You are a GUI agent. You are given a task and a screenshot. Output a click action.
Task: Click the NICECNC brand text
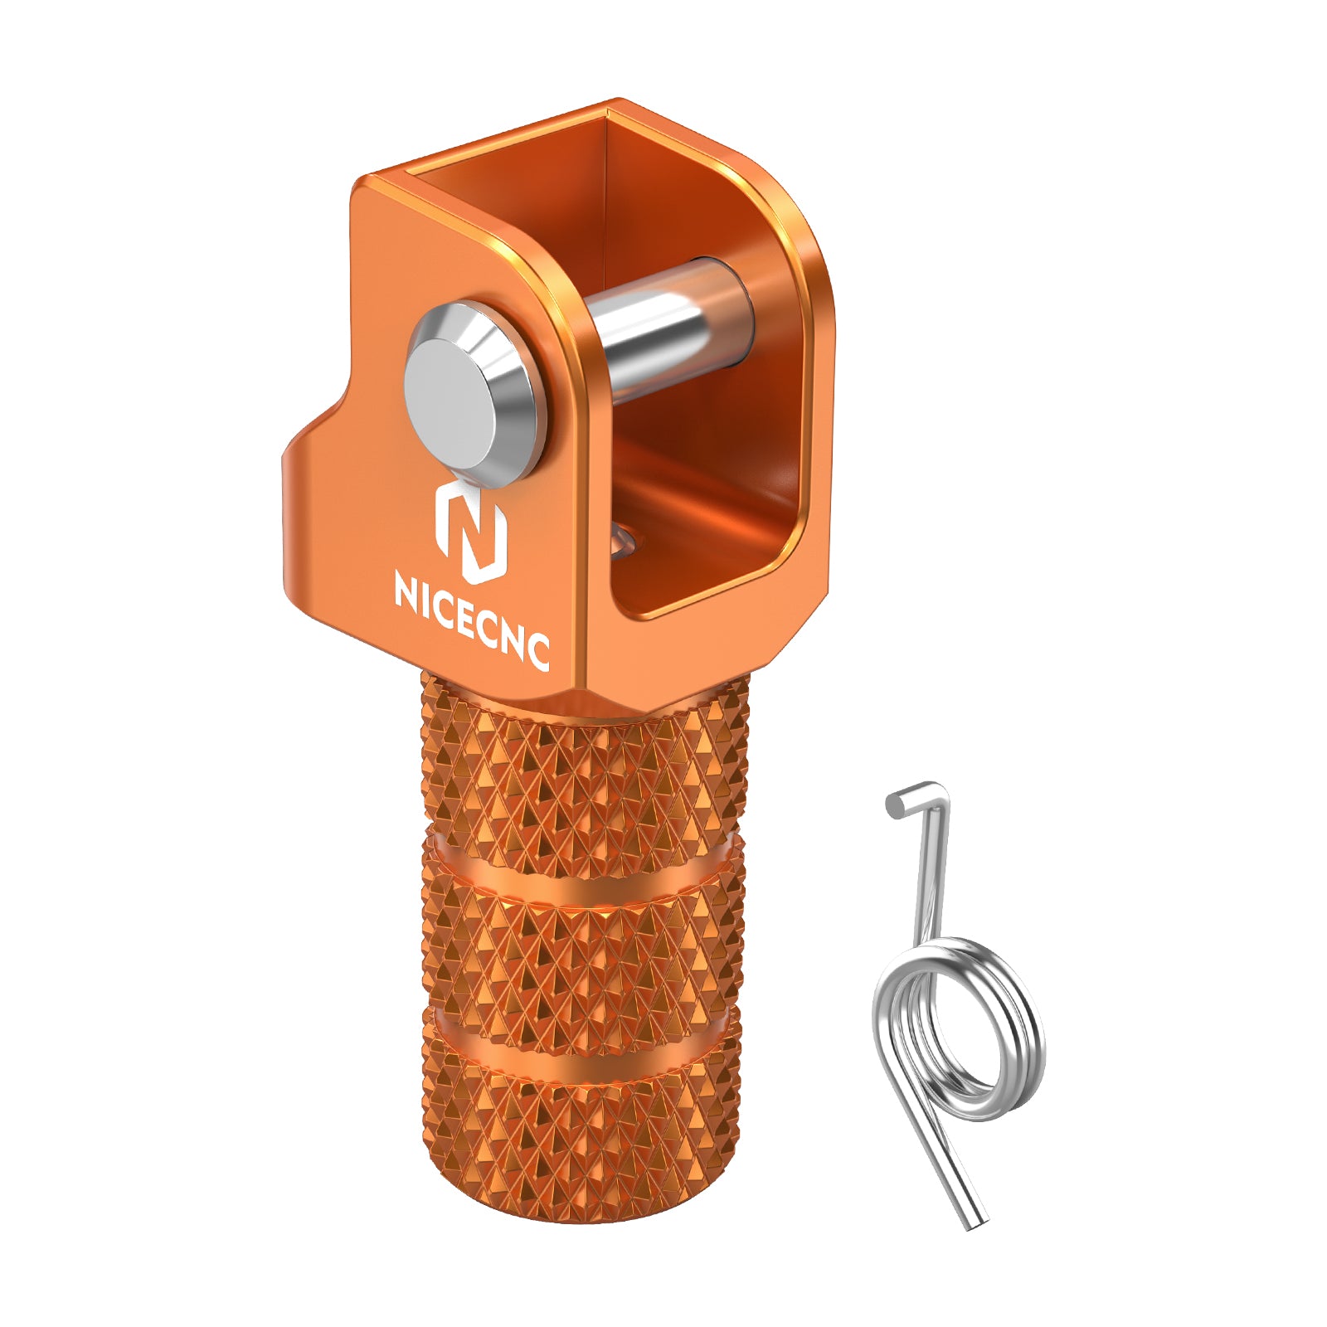pyautogui.click(x=472, y=620)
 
